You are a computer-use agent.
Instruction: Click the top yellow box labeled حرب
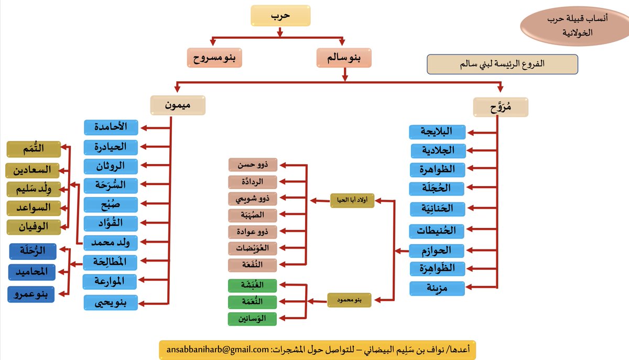point(280,16)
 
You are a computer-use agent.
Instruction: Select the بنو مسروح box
point(215,58)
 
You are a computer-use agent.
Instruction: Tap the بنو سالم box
point(344,58)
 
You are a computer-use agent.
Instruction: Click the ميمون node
point(177,105)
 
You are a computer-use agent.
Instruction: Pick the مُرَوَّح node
point(501,107)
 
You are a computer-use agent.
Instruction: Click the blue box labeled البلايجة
point(437,132)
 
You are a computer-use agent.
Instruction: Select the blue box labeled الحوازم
point(437,250)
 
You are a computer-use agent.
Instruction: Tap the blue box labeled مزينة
point(437,288)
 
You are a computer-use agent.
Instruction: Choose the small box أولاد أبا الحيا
point(352,200)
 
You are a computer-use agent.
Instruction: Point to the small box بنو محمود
point(350,300)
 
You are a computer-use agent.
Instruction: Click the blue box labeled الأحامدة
point(111,127)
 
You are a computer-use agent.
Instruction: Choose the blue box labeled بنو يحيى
point(111,302)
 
